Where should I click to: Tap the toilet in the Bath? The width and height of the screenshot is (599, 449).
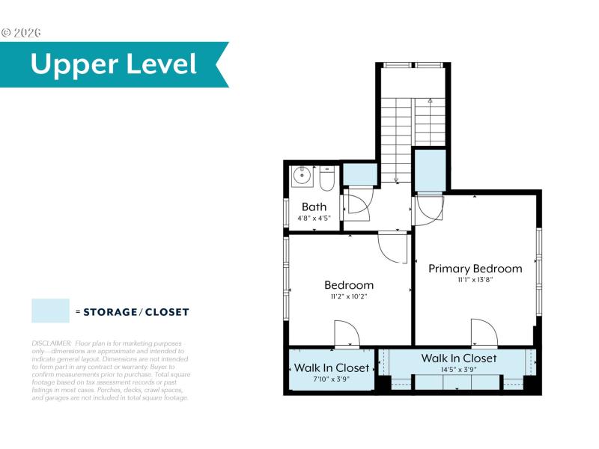(x=326, y=179)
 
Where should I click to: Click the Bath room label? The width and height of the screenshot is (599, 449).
(x=314, y=207)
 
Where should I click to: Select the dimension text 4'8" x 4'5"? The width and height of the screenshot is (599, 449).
(x=314, y=219)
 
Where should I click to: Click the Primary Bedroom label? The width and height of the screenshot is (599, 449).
(x=475, y=269)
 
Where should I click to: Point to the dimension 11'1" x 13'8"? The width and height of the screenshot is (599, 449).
(x=475, y=280)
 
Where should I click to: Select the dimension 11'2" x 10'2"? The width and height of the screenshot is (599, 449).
(x=349, y=296)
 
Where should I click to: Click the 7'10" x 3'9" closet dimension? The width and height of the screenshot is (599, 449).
(x=332, y=379)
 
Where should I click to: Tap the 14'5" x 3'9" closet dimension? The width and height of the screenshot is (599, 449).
(x=459, y=370)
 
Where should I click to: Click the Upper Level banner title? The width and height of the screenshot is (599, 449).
(x=114, y=64)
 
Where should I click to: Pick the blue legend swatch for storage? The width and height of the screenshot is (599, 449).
(x=50, y=311)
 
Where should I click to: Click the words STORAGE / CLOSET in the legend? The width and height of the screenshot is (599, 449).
(x=136, y=312)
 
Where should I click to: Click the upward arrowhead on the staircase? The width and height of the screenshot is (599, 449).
(x=430, y=100)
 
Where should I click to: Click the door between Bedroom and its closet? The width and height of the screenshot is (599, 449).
(x=347, y=334)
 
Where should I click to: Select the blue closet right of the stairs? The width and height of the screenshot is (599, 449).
(x=429, y=170)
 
